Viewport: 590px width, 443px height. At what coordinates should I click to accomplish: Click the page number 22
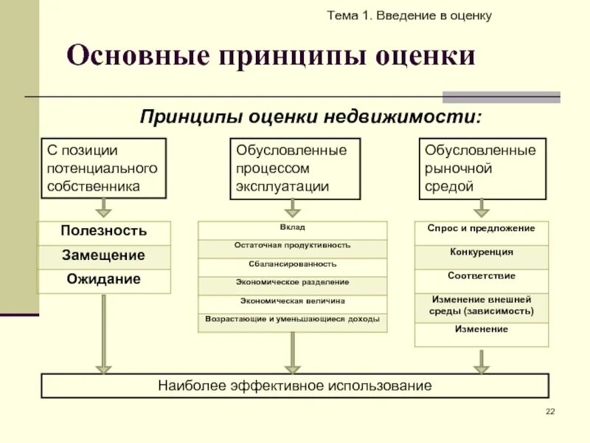[549, 411]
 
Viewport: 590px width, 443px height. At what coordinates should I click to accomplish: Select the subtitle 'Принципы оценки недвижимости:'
[310, 116]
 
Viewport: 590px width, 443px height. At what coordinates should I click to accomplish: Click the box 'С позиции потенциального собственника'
[103, 168]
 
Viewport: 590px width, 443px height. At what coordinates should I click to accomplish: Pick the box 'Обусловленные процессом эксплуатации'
[295, 168]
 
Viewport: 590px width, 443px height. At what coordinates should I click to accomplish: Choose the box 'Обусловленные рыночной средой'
[482, 168]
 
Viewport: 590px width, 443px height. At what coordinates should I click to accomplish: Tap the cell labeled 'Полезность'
[103, 231]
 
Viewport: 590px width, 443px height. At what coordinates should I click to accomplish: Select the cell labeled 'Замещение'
[103, 255]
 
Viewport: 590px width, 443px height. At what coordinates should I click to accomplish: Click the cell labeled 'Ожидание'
[103, 280]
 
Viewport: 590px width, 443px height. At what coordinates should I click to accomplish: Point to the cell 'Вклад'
[292, 228]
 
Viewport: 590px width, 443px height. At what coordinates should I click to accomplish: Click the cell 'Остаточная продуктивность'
[292, 246]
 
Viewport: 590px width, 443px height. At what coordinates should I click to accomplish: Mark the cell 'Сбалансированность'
[292, 264]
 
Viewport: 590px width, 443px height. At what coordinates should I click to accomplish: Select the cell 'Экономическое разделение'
[292, 283]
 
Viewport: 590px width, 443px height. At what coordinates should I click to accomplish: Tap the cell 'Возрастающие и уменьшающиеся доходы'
[292, 320]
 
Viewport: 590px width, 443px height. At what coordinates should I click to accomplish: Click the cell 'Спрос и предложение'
[481, 230]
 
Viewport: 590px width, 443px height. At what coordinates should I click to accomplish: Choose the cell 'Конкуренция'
[481, 253]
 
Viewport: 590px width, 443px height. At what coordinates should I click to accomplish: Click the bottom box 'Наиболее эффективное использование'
[295, 386]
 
